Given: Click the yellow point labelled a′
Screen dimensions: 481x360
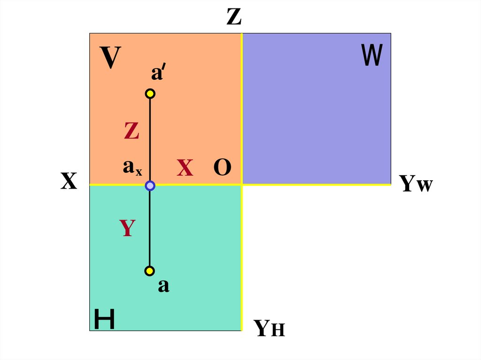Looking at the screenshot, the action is [x=150, y=94].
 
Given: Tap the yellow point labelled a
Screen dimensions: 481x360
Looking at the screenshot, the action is [x=150, y=271].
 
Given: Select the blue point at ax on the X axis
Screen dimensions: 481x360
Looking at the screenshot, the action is [x=150, y=186].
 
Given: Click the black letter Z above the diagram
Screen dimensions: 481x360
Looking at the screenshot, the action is [x=234, y=17].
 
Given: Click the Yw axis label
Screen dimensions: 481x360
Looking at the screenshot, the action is [x=416, y=184].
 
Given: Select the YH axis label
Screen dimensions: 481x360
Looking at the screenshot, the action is [x=269, y=328].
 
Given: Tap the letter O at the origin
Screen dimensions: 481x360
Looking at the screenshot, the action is [x=222, y=168].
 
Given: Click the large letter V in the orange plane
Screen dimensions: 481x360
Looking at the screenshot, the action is [x=110, y=59].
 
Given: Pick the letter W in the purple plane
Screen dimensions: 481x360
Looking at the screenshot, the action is [x=372, y=55].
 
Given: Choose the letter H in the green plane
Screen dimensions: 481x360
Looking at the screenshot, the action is [x=104, y=319].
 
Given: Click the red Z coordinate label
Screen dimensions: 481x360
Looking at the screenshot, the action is [x=132, y=131].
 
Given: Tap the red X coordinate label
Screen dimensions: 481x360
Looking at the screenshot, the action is [x=185, y=168].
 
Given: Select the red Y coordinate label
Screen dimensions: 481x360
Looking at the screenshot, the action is [x=127, y=228].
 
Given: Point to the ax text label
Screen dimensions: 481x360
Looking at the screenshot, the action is [x=132, y=168].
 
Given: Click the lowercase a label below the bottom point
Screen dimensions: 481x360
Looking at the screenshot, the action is [x=163, y=286].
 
